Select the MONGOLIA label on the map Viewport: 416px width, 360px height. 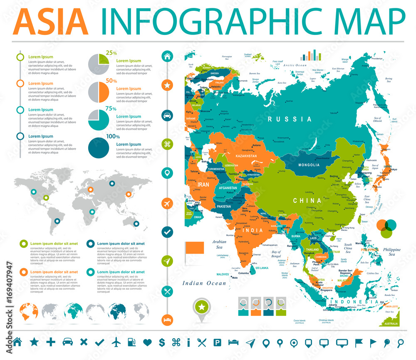[309, 165]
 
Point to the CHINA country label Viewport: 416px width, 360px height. [307, 200]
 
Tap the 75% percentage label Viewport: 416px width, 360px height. [111, 108]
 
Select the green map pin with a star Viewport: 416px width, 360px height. [202, 308]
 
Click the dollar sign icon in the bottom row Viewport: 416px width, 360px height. [162, 343]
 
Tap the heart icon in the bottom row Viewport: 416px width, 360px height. [147, 343]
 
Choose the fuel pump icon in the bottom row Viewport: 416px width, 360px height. [131, 343]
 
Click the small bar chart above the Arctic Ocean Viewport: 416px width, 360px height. [311, 55]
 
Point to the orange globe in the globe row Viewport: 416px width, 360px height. [29, 312]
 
